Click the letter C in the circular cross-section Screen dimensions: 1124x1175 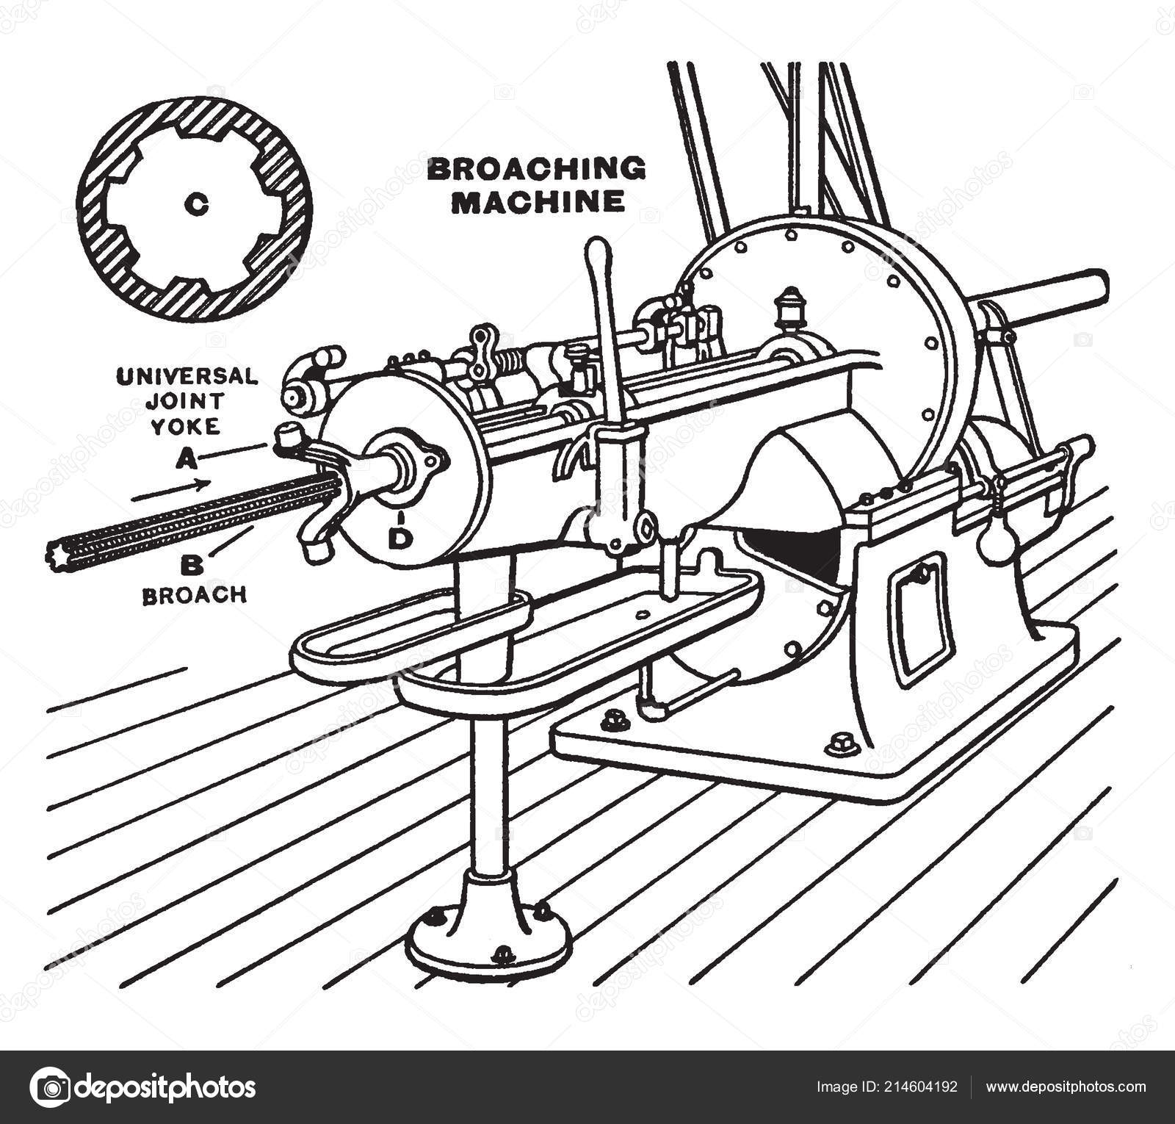pos(195,206)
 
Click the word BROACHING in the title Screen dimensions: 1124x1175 pos(536,169)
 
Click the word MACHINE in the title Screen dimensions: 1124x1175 pos(538,201)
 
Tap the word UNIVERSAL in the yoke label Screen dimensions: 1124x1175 pos(187,377)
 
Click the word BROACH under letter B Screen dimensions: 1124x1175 pos(194,594)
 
